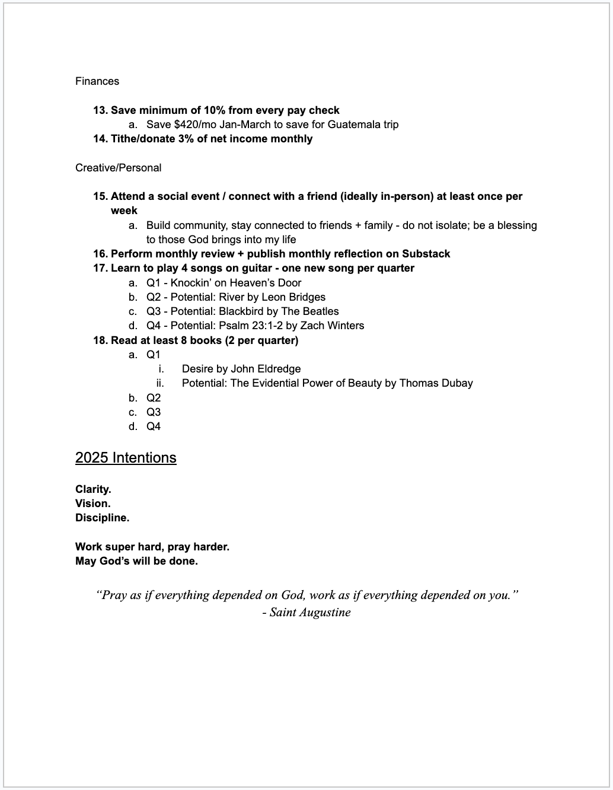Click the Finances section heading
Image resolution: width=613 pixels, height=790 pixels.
(x=97, y=81)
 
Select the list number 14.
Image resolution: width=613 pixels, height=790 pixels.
(x=100, y=139)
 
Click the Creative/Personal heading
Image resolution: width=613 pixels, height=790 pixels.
(x=118, y=168)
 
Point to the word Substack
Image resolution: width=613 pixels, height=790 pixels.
(x=426, y=254)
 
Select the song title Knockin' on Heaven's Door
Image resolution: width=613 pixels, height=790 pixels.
(x=236, y=283)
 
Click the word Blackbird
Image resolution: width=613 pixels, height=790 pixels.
(x=241, y=311)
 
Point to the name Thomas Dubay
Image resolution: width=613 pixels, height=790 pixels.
(x=436, y=383)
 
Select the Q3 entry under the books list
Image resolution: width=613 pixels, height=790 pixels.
(x=154, y=412)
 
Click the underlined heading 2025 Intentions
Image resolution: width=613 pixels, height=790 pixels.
(x=126, y=458)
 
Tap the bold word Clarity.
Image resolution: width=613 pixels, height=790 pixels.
(x=93, y=489)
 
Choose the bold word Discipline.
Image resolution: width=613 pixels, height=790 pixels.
(x=102, y=518)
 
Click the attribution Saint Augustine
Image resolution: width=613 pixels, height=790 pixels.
(x=309, y=612)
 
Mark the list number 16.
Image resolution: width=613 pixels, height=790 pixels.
(x=100, y=254)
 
